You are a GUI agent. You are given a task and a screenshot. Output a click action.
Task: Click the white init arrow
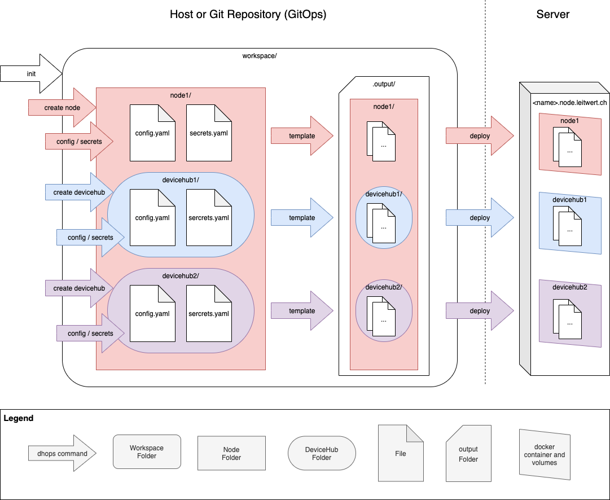point(30,74)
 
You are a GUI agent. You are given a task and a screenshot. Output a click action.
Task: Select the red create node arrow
point(62,108)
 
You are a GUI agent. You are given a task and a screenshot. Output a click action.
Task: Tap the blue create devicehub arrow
point(79,192)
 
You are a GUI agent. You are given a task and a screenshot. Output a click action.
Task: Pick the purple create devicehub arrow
point(79,288)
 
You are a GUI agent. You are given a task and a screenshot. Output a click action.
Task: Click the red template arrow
point(302,136)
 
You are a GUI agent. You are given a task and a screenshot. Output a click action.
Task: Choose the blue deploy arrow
point(480,218)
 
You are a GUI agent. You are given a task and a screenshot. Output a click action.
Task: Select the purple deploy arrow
point(480,311)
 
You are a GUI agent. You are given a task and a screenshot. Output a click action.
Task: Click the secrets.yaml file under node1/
point(209,133)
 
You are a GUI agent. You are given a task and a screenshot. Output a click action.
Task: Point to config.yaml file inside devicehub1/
point(152,218)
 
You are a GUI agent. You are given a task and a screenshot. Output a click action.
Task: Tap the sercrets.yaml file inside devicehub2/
point(209,314)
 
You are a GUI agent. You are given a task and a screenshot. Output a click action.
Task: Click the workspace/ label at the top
point(260,56)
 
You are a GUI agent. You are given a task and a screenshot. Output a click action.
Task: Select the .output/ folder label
point(384,84)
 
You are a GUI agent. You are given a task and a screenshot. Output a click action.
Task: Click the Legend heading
point(19,418)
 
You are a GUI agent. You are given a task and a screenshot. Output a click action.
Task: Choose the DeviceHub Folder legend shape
point(322,453)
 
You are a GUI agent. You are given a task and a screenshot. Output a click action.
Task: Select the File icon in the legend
point(401,453)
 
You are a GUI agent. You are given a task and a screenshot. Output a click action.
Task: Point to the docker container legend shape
point(545,455)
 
